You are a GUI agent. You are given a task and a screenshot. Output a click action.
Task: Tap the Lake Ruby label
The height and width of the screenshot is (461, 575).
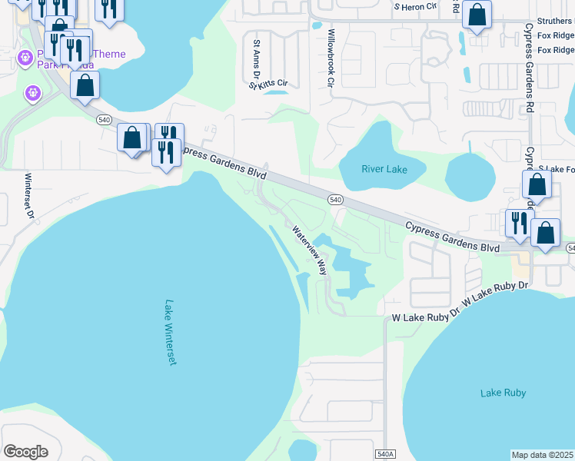(503, 393)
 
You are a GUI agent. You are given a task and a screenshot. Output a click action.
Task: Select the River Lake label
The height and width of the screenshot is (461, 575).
(384, 169)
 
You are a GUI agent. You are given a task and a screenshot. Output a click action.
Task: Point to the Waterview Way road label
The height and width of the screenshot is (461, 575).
(309, 250)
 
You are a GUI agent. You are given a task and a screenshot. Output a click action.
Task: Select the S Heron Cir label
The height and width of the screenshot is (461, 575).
(414, 6)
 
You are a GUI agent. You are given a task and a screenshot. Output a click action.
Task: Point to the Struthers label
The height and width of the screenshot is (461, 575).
(554, 22)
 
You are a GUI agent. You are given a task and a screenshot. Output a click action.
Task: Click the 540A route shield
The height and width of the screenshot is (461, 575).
(386, 455)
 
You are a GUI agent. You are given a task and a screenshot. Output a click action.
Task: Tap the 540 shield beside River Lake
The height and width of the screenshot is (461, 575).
(334, 200)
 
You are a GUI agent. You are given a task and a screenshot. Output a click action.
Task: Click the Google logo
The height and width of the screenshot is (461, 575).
(25, 452)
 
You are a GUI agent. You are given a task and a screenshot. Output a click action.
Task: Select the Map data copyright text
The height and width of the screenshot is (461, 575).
(542, 455)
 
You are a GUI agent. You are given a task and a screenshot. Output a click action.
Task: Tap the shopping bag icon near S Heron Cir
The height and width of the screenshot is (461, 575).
(477, 15)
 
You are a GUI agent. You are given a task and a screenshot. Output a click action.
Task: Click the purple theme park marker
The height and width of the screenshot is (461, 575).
(32, 93)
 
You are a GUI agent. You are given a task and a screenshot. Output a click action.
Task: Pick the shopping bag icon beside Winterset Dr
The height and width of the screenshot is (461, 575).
(85, 85)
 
